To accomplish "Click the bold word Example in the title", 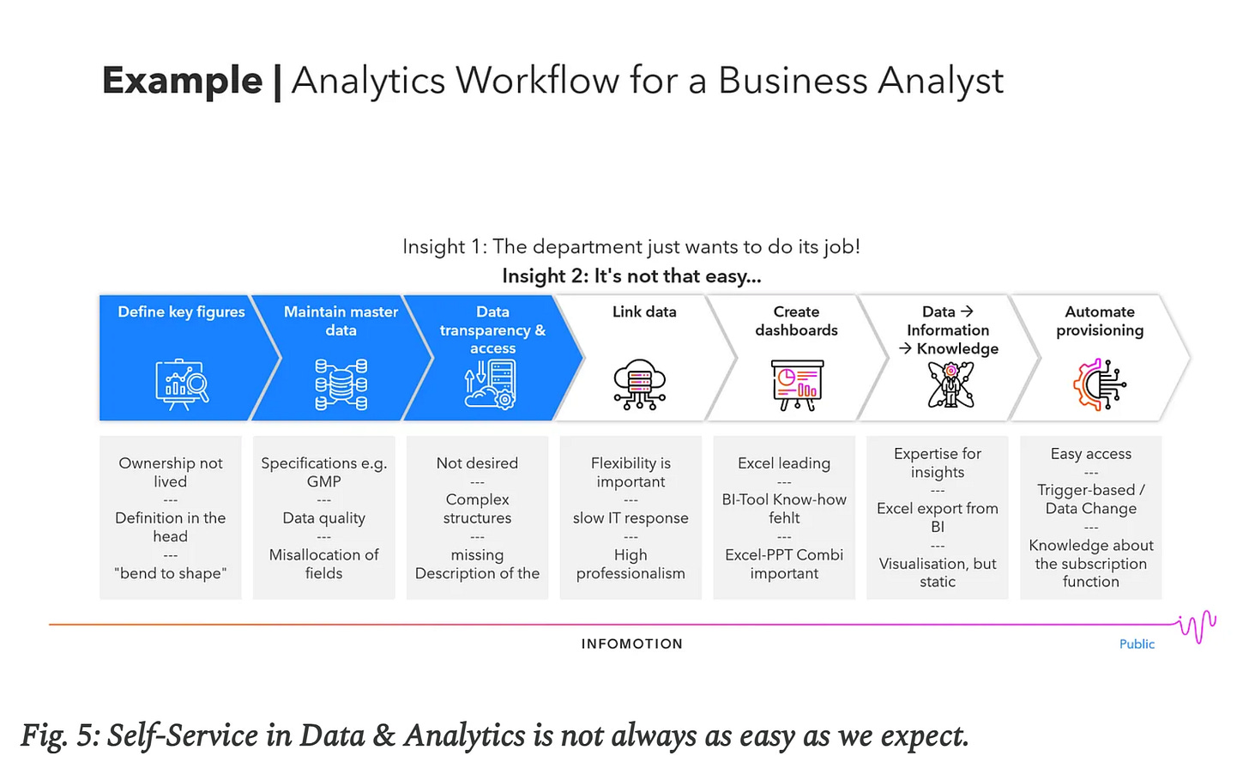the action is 182,81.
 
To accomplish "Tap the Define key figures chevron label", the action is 181,312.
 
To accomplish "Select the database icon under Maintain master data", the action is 341,384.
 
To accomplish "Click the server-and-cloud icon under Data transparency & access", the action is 491,384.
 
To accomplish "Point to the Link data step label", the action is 644,312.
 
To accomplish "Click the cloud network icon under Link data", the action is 640,384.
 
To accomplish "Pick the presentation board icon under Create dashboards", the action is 797,384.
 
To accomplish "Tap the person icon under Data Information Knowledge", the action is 950,384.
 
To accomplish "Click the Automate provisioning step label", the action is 1100,321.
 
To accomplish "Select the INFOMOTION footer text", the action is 632,644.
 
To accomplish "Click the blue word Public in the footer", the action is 1137,644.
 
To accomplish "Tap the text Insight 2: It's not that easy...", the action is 631,276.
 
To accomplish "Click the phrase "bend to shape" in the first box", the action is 171,573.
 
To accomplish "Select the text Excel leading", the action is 784,463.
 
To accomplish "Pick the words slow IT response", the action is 631,518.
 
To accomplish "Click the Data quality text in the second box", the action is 324,518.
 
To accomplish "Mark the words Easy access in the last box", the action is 1091,454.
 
